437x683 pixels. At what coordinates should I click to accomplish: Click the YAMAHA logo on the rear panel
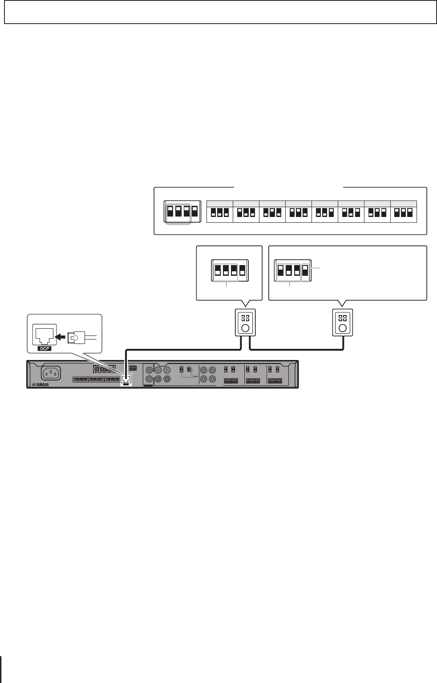pos(40,384)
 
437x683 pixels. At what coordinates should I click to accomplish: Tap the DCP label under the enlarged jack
pos(45,348)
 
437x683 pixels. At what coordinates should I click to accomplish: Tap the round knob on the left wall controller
pos(245,329)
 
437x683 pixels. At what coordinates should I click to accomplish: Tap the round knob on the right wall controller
pos(343,329)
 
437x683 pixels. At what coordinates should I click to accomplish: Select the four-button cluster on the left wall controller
pos(245,318)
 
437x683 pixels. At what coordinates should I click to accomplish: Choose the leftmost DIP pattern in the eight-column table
pos(220,213)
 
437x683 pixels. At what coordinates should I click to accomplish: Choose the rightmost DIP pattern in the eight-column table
pos(404,213)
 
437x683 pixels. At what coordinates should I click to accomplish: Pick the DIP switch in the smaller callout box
pos(230,271)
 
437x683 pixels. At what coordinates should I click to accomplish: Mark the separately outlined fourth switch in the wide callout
pos(305,271)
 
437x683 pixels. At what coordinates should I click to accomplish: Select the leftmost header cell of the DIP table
pos(220,204)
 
